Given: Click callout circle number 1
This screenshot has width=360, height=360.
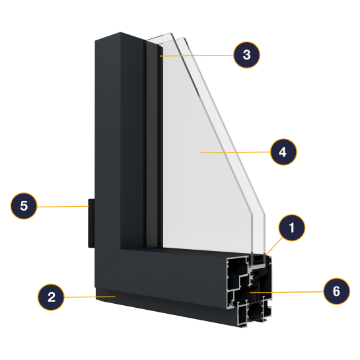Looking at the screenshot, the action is coord(291,227).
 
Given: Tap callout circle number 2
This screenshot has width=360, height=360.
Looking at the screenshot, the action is coord(51,297).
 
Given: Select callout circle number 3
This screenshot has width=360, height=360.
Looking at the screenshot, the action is coord(246,55).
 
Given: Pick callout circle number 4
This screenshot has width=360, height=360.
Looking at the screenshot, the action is coord(283,152).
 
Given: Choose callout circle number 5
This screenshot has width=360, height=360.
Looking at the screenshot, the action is coord(24,205).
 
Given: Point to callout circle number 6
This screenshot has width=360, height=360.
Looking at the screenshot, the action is coord(337,291).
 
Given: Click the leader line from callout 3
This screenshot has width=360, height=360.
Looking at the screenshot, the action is coord(197,55).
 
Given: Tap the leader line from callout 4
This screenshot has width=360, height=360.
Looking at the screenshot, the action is coord(235,152).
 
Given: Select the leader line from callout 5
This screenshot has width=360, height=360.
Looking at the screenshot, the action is coord(63,206).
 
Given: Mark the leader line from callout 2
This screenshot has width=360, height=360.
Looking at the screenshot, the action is coord(90,297).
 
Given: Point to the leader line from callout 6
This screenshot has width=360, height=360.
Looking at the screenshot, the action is coord(287,292).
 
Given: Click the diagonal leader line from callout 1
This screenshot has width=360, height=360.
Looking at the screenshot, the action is coord(274,246).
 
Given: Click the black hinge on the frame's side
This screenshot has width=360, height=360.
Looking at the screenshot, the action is coord(91,223).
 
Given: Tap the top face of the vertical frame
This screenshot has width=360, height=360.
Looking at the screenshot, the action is coord(120,37).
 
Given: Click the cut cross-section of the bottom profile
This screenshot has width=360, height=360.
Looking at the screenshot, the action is coord(249,290).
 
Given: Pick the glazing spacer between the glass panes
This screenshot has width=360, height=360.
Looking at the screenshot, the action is coord(258,260).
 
